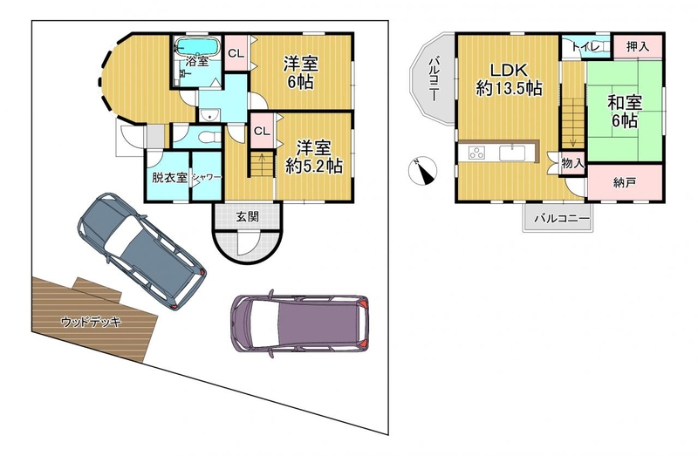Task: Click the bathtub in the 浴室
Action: pyautogui.click(x=197, y=46)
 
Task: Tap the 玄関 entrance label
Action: pyautogui.click(x=247, y=217)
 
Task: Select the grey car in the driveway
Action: pyautogui.click(x=141, y=251)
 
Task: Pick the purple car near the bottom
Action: pyautogui.click(x=299, y=323)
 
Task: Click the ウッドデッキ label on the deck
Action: pyautogui.click(x=91, y=321)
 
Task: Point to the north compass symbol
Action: pyautogui.click(x=422, y=171)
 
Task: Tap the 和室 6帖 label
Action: pyautogui.click(x=625, y=112)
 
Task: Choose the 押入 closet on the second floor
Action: pyautogui.click(x=638, y=46)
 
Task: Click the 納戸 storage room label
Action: pyautogui.click(x=624, y=182)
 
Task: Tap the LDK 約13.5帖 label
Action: pyautogui.click(x=509, y=79)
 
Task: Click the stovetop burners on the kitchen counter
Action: pyautogui.click(x=476, y=153)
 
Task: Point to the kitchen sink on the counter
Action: pyautogui.click(x=512, y=153)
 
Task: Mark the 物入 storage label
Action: pyautogui.click(x=572, y=163)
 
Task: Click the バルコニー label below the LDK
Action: pyautogui.click(x=562, y=219)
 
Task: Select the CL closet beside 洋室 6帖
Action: pyautogui.click(x=236, y=53)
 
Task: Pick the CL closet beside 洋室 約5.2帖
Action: pyautogui.click(x=263, y=131)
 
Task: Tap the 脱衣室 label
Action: pyautogui.click(x=169, y=178)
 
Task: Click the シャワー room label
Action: pyautogui.click(x=206, y=178)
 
